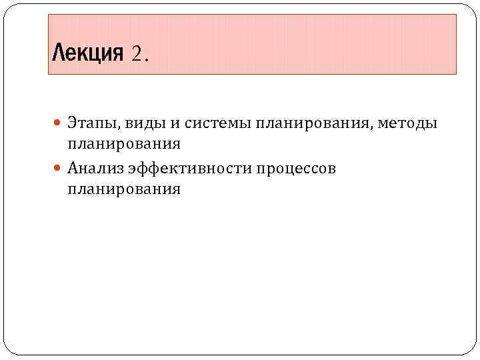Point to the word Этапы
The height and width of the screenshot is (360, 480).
coord(93,123)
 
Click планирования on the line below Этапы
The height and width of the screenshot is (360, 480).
coord(124,144)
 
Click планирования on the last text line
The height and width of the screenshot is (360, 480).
coord(124,189)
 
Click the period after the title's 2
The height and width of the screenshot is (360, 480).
coord(147,57)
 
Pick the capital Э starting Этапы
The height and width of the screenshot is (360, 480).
coord(72,123)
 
